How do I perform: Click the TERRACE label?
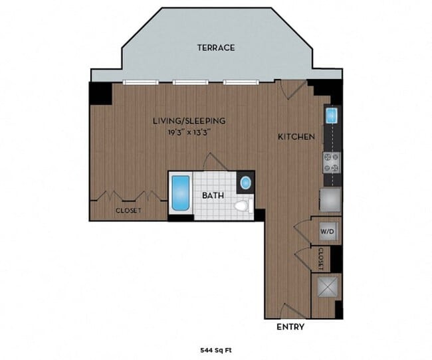coord(215,48)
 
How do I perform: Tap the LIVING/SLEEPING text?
coord(189,121)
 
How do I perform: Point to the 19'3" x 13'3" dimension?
coord(189,132)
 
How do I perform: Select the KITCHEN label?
coord(296,137)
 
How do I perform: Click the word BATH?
coord(212,197)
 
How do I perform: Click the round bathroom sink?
coord(245,182)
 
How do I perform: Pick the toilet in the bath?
coord(243,206)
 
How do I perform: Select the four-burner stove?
coord(332,161)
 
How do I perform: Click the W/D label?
coord(327,232)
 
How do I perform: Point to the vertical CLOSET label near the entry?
coord(320,259)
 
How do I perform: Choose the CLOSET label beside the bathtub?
coord(128,211)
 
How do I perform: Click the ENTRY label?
coord(290,327)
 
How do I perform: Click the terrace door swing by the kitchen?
coord(292,90)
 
